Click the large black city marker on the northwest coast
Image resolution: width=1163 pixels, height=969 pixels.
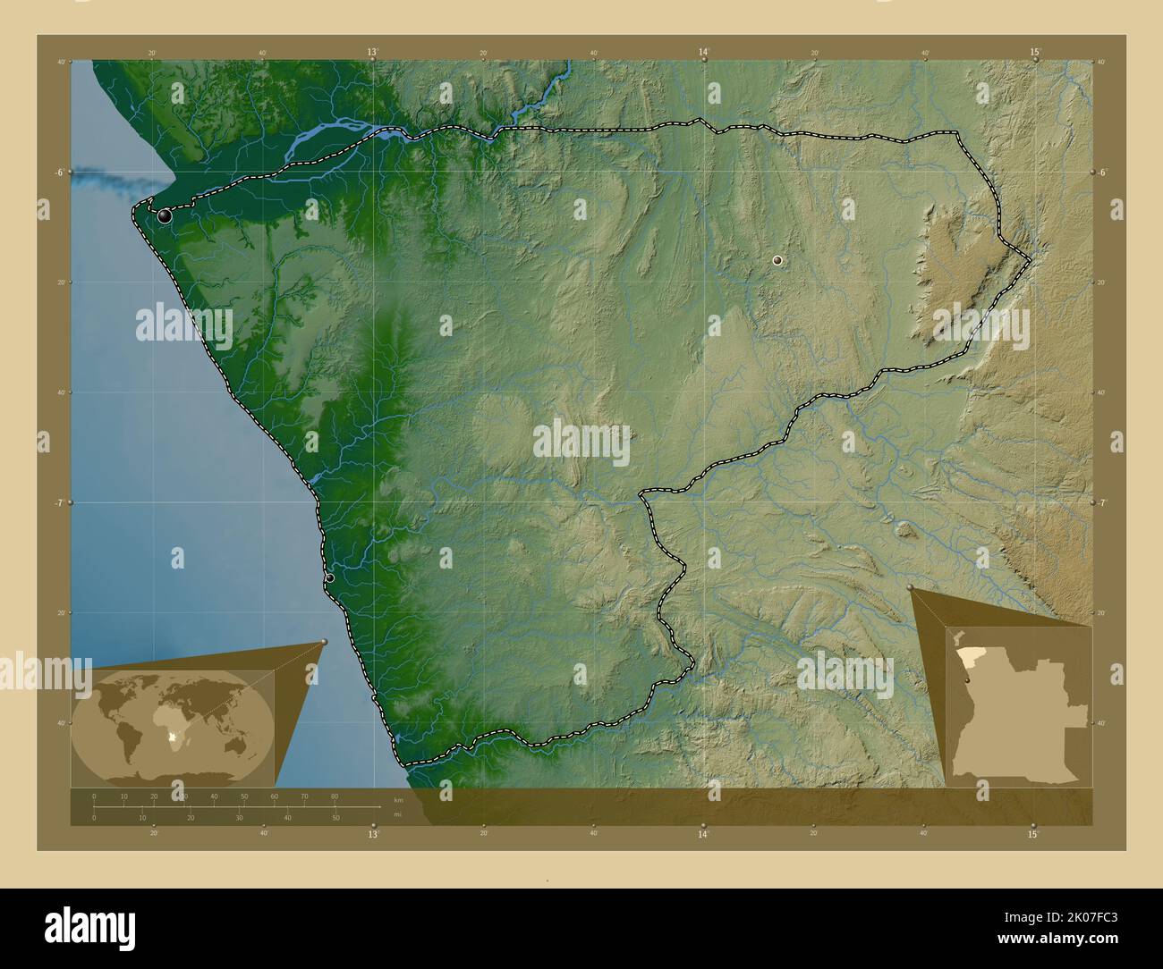(164, 215)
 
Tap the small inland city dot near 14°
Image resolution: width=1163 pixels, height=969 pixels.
(777, 260)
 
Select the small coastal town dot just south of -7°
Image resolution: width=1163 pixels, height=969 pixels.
(330, 578)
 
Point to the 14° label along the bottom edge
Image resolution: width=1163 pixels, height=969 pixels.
(703, 834)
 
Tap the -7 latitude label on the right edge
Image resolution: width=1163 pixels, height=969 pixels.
(1101, 502)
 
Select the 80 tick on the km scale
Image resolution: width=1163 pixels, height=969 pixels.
(335, 796)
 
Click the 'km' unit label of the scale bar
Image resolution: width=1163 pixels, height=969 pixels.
(398, 800)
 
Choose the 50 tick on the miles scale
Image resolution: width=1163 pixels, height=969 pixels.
(335, 817)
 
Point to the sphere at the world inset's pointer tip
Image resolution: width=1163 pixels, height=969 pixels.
(324, 642)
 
